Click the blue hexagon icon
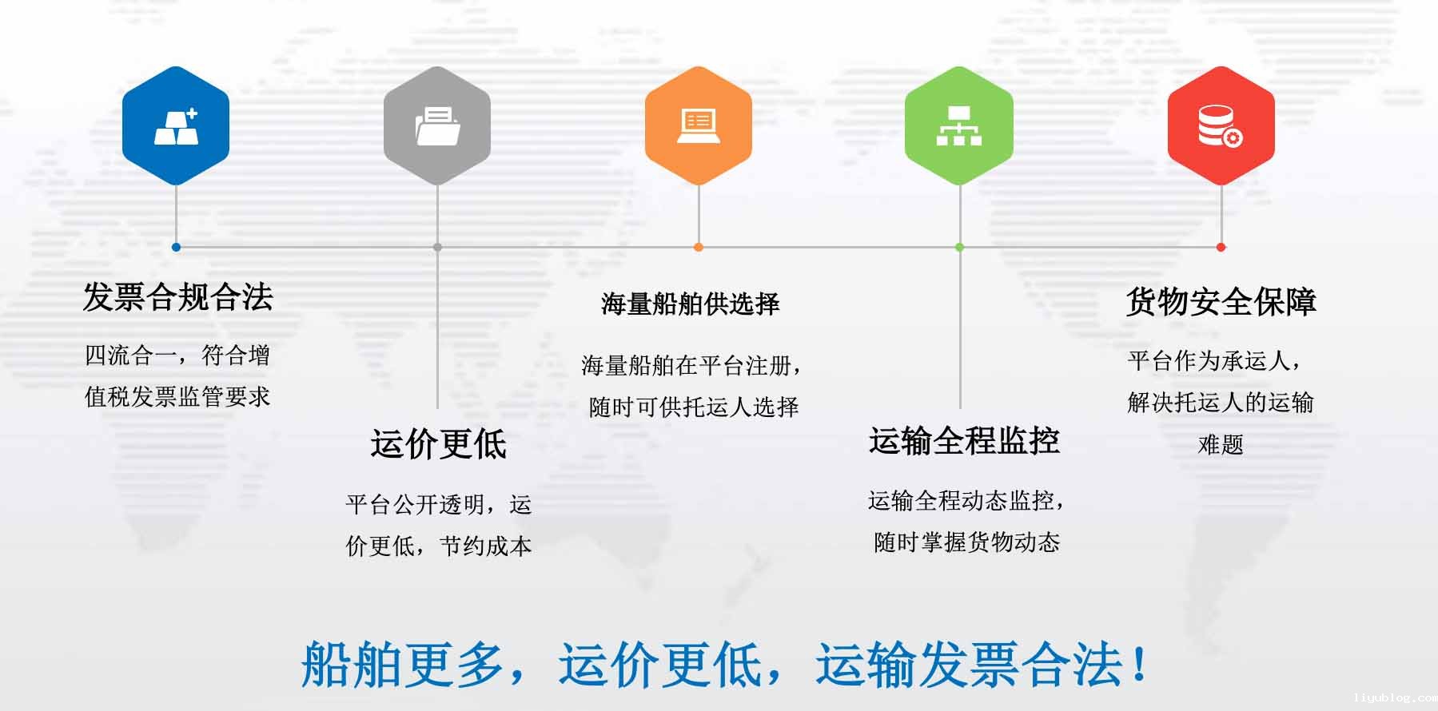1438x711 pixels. click(x=176, y=125)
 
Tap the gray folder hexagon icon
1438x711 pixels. click(x=437, y=125)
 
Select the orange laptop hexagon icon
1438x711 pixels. click(x=699, y=125)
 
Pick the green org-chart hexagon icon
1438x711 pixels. click(x=959, y=125)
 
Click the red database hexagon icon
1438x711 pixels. click(x=1221, y=125)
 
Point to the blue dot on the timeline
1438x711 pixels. click(x=176, y=247)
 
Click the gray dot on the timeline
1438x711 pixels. click(x=437, y=247)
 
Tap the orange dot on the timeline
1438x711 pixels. click(x=699, y=247)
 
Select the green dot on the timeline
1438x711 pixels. click(x=959, y=247)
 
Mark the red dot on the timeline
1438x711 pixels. click(x=1221, y=247)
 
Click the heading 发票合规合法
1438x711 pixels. click(x=177, y=297)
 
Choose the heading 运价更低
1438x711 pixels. click(x=438, y=443)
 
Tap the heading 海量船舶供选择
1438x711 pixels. click(x=690, y=304)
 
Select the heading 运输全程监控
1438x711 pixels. click(x=964, y=441)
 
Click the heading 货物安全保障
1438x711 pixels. click(x=1221, y=301)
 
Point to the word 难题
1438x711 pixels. click(x=1221, y=444)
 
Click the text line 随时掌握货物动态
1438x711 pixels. click(x=966, y=542)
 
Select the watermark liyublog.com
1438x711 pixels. click(x=1394, y=698)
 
